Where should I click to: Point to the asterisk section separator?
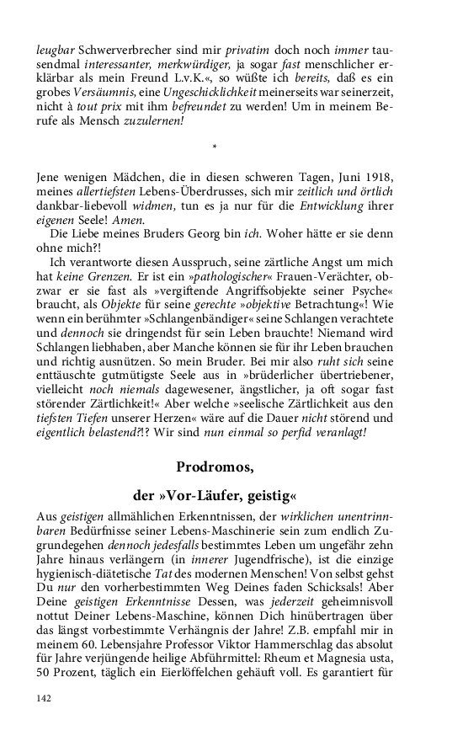pos(216,149)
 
